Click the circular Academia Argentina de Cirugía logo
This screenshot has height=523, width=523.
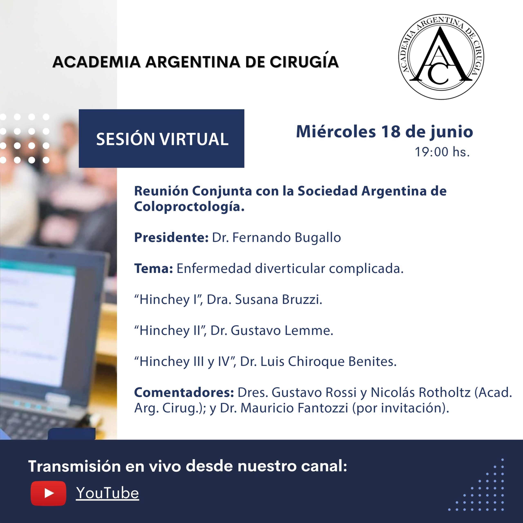(x=441, y=57)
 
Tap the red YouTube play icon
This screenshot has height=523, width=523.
(x=48, y=493)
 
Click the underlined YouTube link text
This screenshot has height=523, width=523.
(x=107, y=493)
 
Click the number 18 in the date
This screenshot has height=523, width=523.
(x=391, y=132)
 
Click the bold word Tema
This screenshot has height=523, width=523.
(x=153, y=268)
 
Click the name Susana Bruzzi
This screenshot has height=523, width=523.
(x=278, y=300)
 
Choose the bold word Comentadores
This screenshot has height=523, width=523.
(x=184, y=392)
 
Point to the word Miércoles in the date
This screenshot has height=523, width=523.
(x=336, y=132)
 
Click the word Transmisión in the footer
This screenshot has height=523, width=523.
(x=74, y=466)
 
